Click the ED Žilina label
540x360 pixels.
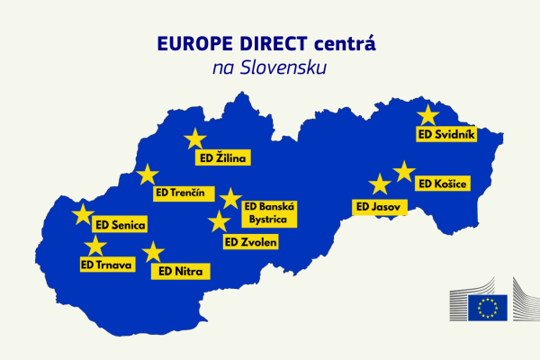click(221, 158)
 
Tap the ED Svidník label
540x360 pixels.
click(446, 133)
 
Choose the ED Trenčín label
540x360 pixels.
click(181, 193)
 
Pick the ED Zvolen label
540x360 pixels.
click(251, 241)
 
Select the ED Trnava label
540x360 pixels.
click(107, 265)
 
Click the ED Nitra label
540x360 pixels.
click(180, 270)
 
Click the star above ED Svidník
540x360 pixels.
click(427, 115)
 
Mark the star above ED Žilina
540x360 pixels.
click(194, 139)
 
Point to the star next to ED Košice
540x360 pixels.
click(404, 171)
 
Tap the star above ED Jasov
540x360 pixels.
click(380, 185)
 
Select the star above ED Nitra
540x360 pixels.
click(154, 252)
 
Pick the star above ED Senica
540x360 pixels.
click(82, 214)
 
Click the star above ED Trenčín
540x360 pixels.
click(148, 175)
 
